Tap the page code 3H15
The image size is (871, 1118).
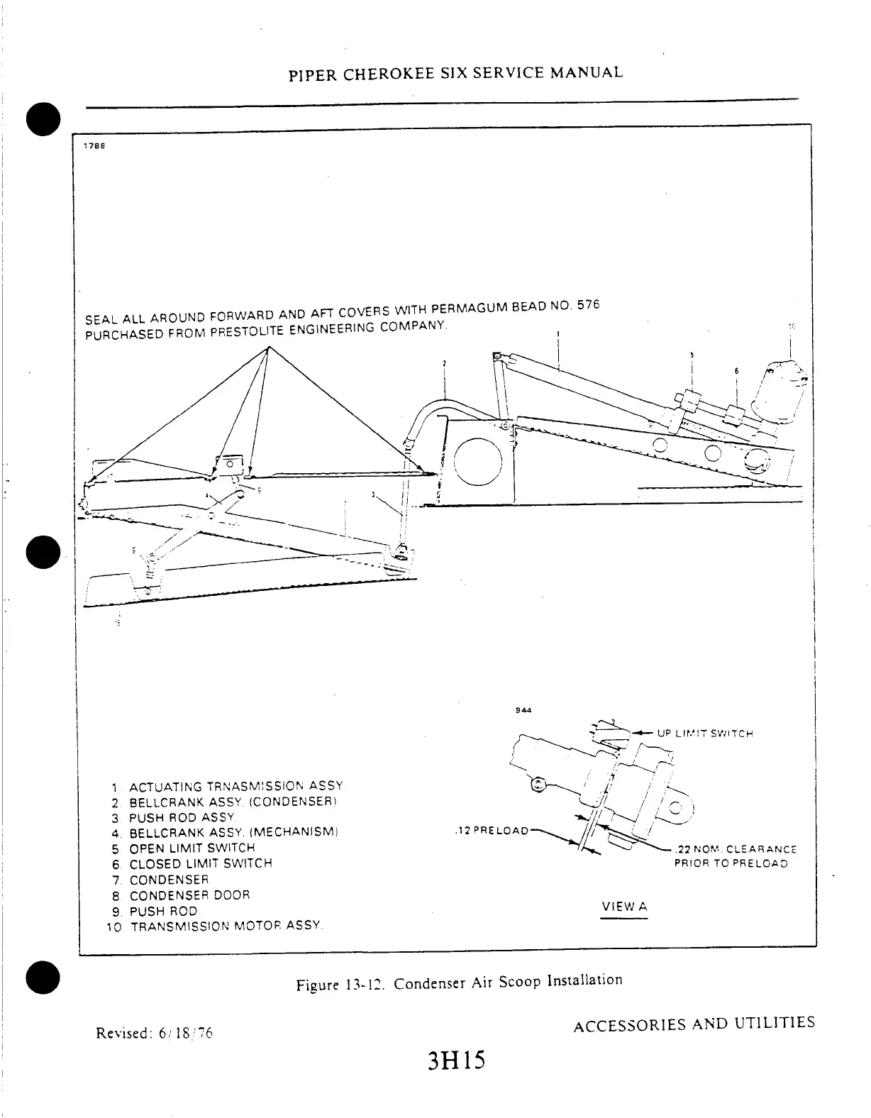(x=455, y=1061)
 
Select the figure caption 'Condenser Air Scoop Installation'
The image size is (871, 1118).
(x=508, y=982)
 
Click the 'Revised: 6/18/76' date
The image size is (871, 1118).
(x=154, y=1032)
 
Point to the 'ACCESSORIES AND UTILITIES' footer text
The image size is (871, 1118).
(x=694, y=1024)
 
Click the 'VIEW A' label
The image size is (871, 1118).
(x=624, y=907)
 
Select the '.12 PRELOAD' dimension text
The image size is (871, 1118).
(x=491, y=831)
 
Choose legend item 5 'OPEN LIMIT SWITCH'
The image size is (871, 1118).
(x=192, y=848)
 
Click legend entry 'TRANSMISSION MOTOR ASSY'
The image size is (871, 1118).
(x=226, y=926)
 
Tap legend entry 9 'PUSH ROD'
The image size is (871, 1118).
(x=163, y=911)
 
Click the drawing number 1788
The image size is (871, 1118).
(x=94, y=145)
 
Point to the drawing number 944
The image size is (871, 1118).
(x=525, y=709)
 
